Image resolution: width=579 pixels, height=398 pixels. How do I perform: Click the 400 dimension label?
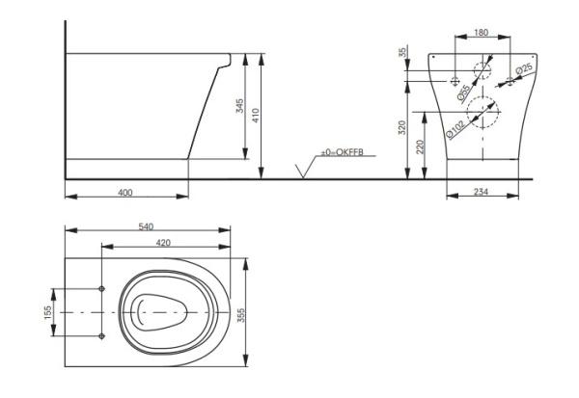(x=124, y=193)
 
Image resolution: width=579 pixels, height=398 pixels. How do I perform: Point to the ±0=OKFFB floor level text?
(x=344, y=153)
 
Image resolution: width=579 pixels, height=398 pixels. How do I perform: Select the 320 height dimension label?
(x=404, y=126)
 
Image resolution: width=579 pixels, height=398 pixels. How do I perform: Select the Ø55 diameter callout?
(x=464, y=93)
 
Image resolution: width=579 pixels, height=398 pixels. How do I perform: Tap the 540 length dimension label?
(x=147, y=226)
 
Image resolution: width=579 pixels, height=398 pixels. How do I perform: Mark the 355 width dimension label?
(x=254, y=312)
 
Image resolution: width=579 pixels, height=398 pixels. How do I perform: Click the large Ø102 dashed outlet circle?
(x=486, y=113)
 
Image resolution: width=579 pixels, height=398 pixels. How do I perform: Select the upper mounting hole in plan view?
(x=102, y=289)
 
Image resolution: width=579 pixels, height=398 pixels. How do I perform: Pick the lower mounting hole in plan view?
(x=102, y=335)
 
